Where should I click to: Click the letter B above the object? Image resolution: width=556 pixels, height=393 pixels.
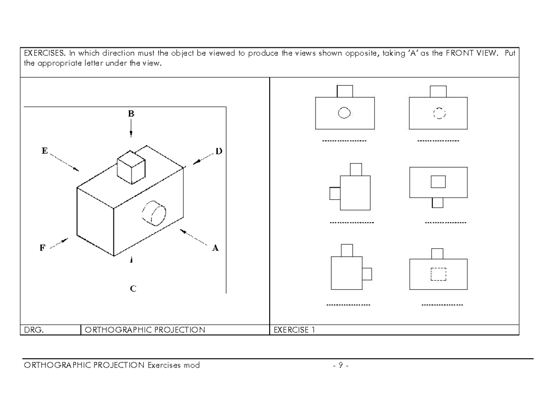click(131, 113)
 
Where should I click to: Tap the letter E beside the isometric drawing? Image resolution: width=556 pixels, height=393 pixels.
click(44, 151)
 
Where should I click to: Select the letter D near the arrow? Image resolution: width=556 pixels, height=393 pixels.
click(219, 151)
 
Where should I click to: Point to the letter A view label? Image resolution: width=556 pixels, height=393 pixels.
click(215, 248)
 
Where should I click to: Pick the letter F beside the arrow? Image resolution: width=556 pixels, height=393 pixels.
click(42, 247)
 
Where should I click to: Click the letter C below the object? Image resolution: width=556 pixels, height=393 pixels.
click(133, 289)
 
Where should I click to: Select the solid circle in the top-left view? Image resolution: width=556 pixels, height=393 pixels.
click(344, 113)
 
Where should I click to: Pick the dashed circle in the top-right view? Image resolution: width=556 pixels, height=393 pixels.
click(438, 113)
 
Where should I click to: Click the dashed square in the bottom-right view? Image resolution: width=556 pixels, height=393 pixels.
click(438, 274)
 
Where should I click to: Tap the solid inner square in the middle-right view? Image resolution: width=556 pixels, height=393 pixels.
click(438, 181)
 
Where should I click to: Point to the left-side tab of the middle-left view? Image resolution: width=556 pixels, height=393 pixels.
click(335, 193)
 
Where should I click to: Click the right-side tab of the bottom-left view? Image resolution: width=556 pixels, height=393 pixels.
click(366, 274)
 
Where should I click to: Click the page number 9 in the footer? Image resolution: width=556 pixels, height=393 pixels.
click(340, 365)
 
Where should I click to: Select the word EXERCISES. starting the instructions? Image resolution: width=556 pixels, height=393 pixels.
click(44, 53)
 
